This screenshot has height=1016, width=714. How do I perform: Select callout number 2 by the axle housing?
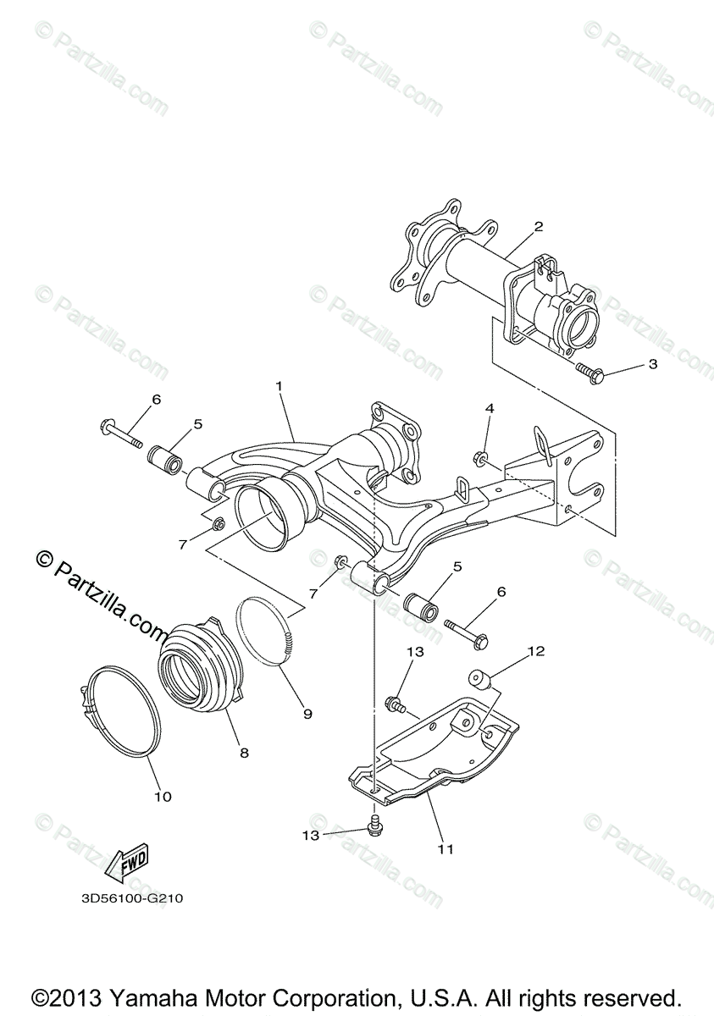click(x=538, y=226)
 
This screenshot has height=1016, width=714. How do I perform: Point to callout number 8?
click(x=243, y=750)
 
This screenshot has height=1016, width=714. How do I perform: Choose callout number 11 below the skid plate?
click(x=446, y=848)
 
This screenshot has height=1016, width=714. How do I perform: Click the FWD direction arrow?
click(x=125, y=863)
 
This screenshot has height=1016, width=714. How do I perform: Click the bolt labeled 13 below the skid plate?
click(x=374, y=823)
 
